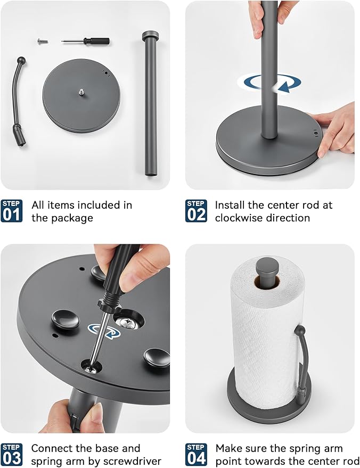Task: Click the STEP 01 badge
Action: (x=11, y=211)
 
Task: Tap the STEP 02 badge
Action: (x=196, y=211)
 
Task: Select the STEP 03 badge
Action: (x=11, y=455)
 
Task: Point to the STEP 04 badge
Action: (x=196, y=455)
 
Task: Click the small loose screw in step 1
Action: (x=43, y=41)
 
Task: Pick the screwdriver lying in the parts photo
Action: (x=85, y=41)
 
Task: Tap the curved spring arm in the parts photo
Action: (x=19, y=102)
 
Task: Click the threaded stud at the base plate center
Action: (x=81, y=92)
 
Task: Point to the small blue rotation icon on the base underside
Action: (x=104, y=331)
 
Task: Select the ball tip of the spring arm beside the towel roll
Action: (x=300, y=331)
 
